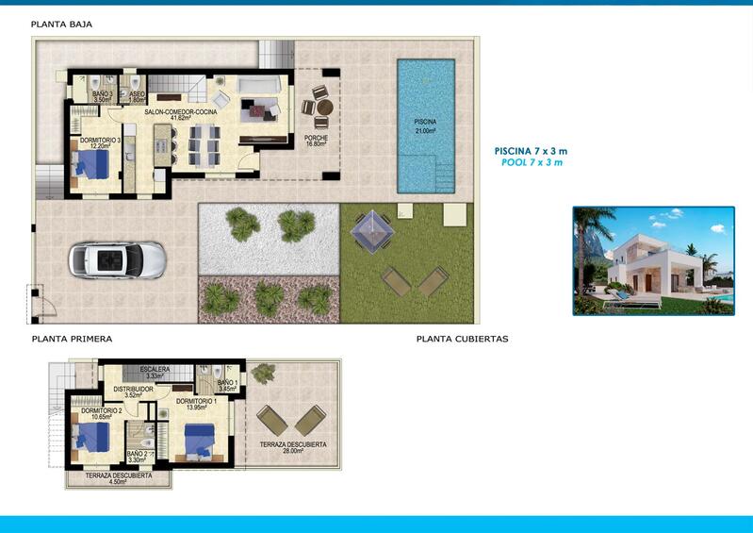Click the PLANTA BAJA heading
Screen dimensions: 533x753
point(62,24)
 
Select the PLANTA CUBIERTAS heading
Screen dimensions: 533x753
point(462,339)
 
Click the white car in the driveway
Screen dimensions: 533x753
point(117,259)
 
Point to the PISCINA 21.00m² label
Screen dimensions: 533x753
point(425,126)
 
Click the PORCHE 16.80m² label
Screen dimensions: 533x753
point(316,142)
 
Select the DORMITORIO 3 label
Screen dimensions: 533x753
point(99,143)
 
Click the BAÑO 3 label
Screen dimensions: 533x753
point(103,96)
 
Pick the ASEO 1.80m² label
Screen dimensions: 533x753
point(137,96)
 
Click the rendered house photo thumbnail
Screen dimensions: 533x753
point(653,260)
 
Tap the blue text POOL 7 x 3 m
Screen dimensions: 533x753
point(532,163)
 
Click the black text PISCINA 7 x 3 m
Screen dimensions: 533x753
point(532,151)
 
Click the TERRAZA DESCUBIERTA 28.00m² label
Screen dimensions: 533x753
point(293,447)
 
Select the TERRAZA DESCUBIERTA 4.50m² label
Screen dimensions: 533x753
point(118,478)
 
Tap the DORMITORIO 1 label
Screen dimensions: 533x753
point(196,404)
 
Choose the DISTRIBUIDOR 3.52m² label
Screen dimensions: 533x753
point(133,391)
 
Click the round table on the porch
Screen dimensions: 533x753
point(324,108)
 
